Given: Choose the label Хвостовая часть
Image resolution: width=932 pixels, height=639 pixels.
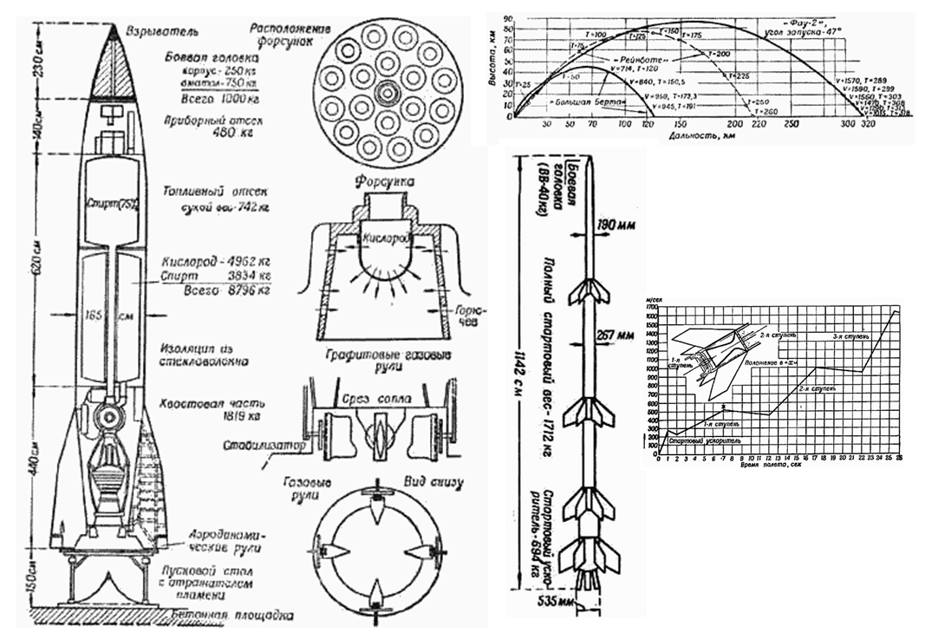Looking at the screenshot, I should [207, 404].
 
